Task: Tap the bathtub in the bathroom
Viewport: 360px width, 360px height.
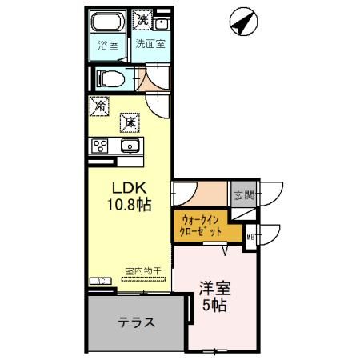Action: pyautogui.click(x=106, y=22)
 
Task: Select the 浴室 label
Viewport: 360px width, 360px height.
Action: pyautogui.click(x=106, y=46)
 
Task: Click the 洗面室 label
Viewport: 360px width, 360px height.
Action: pyautogui.click(x=150, y=45)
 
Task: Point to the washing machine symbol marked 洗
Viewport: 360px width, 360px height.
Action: pyautogui.click(x=142, y=19)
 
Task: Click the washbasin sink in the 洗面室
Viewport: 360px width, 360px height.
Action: pyautogui.click(x=162, y=22)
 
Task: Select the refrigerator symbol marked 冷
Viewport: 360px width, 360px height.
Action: pyautogui.click(x=100, y=105)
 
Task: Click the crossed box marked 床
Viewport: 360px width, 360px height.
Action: pyautogui.click(x=128, y=122)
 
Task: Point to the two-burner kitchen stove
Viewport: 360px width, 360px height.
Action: pyautogui.click(x=100, y=146)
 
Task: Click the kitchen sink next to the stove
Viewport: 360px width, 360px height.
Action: pyautogui.click(x=130, y=146)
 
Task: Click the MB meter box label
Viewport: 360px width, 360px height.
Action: pyautogui.click(x=251, y=235)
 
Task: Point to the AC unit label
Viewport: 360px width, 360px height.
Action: pyautogui.click(x=101, y=282)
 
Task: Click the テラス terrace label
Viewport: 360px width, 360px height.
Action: pyautogui.click(x=136, y=322)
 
